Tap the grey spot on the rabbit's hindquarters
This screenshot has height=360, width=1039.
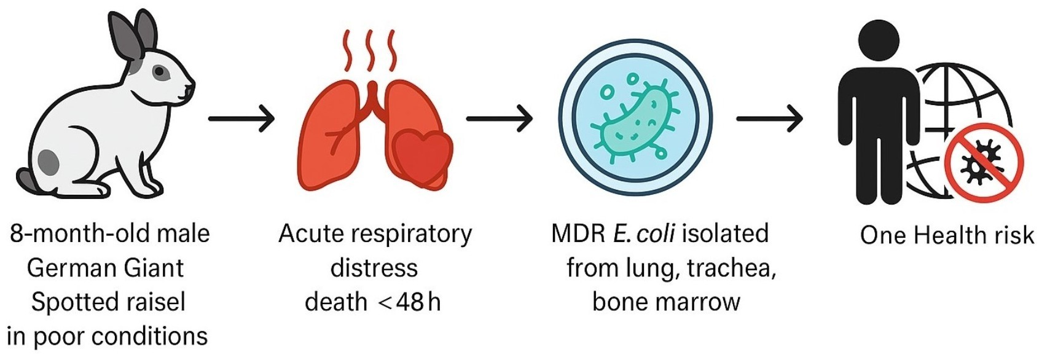pyautogui.click(x=49, y=162)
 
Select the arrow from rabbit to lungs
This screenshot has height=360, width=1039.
pyautogui.click(x=241, y=117)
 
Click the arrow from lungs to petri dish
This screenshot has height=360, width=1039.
pyautogui.click(x=499, y=117)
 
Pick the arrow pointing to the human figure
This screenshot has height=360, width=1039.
pyautogui.click(x=769, y=117)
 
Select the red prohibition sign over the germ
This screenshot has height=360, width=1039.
pyautogui.click(x=984, y=163)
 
